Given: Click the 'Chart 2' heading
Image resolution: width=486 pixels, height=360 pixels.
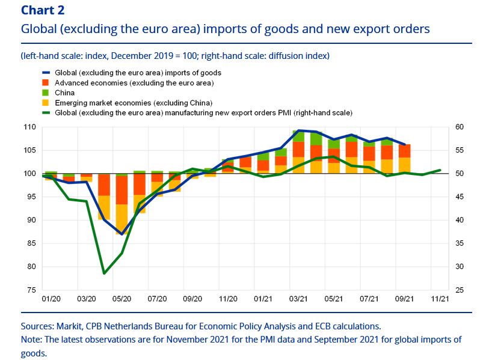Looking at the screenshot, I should click(x=42, y=10).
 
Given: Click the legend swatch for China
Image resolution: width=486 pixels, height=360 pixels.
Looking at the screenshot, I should click(x=44, y=93).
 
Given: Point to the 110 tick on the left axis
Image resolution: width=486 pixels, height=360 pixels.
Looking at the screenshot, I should click(x=29, y=127).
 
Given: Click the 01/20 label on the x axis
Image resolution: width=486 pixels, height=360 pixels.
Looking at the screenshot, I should click(x=51, y=299).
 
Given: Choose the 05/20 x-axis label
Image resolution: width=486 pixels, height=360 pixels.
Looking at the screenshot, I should click(x=122, y=299).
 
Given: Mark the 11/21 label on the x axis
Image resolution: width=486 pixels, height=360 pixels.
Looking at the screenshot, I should click(x=440, y=299).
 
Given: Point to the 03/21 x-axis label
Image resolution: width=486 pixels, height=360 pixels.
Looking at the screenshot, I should click(x=298, y=299).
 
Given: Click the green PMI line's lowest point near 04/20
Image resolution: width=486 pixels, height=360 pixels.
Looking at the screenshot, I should click(x=104, y=273).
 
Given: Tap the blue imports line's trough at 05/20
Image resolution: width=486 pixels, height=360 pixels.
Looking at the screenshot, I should click(x=122, y=234).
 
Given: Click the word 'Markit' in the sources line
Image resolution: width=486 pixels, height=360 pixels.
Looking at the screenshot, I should click(x=69, y=326).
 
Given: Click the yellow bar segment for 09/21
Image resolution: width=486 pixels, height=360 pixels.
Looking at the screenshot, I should click(x=405, y=166).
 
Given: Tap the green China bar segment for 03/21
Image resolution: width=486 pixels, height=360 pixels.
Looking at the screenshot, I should click(x=298, y=136).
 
